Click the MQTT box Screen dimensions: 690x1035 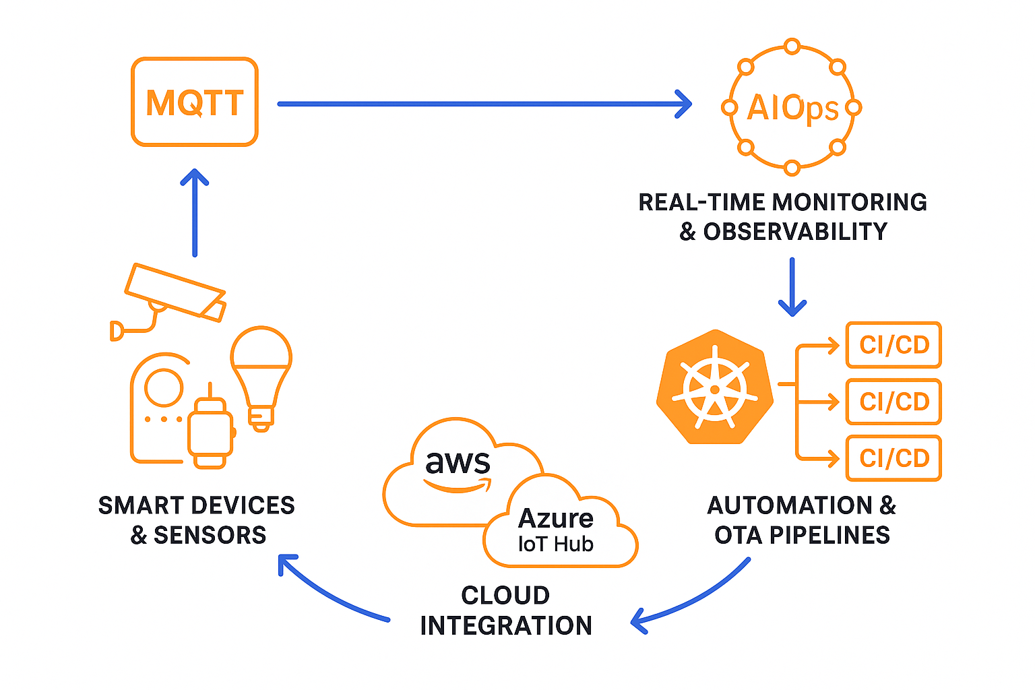pos(195,102)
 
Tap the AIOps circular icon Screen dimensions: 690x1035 pos(792,107)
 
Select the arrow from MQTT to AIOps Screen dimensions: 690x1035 pos(484,104)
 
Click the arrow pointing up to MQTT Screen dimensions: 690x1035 pos(195,212)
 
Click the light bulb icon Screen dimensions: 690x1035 pos(261,375)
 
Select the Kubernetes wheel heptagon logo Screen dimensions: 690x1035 pos(715,387)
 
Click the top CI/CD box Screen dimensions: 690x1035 pos(893,345)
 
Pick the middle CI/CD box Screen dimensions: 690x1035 pos(893,402)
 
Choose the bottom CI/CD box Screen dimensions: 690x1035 pos(893,458)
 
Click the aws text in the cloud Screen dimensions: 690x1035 pos(458,464)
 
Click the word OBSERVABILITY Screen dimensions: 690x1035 pos(795,232)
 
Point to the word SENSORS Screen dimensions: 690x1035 pos(210,535)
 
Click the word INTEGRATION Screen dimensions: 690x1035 pos(506,625)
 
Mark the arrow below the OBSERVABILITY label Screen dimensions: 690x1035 pos(792,287)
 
